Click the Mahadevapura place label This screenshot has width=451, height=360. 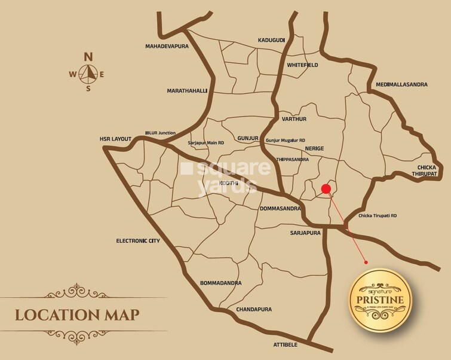pos(170,46)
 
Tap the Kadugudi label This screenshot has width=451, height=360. pos(271,40)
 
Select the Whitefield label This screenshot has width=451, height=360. pos(302,65)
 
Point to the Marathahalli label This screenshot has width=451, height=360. pos(187,91)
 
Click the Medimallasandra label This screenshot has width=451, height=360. pos(401,85)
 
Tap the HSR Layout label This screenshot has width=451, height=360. pos(115,139)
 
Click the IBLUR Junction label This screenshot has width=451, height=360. pos(161,133)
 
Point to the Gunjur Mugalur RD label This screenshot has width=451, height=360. pos(285,140)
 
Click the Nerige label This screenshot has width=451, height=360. pos(314,147)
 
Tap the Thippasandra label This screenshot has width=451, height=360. pos(292,160)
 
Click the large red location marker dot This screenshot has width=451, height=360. pos(326,190)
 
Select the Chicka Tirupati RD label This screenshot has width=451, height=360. pos(378,215)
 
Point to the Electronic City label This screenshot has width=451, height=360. pos(138,241)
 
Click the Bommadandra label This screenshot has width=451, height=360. pos(221,282)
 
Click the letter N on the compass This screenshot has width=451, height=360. pos(88,57)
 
